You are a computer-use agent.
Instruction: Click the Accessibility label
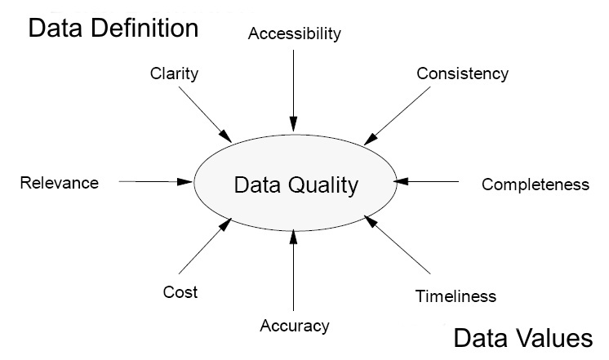point(294,34)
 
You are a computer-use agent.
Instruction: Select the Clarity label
point(174,73)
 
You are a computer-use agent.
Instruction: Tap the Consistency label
point(462,73)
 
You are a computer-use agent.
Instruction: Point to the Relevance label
point(59,183)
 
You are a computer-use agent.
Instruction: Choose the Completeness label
point(535,184)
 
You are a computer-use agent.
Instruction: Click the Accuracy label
point(294,327)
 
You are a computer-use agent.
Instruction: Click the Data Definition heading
point(113,29)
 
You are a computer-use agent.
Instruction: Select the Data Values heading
point(522,337)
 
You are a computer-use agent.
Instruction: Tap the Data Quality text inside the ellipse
point(296,185)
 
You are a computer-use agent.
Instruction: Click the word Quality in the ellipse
point(326,185)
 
